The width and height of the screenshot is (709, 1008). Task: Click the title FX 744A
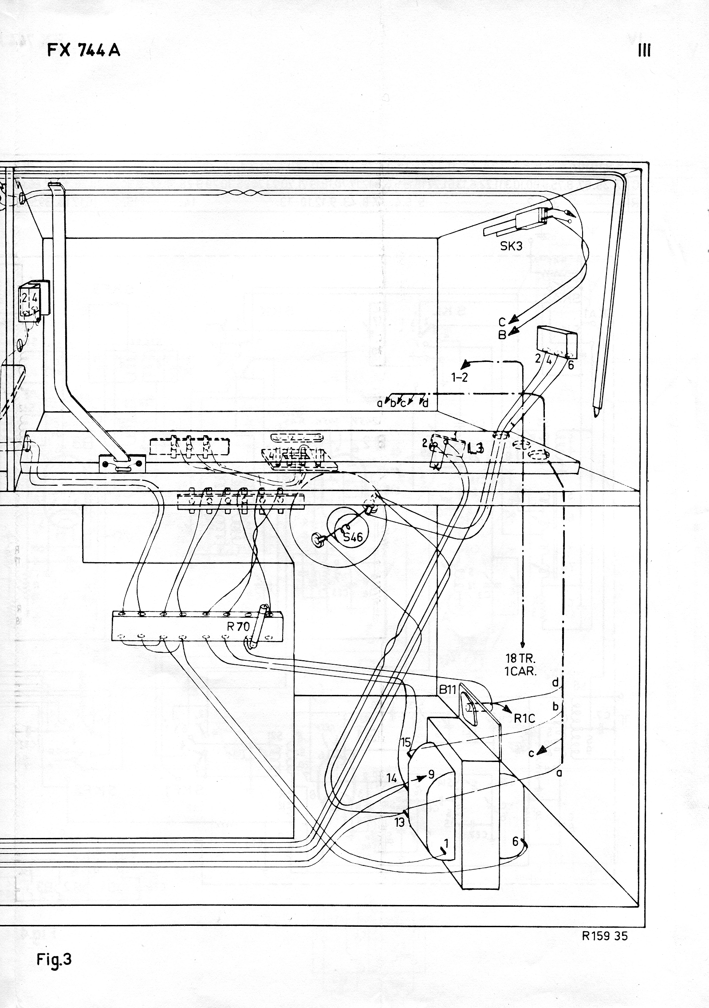pyautogui.click(x=83, y=51)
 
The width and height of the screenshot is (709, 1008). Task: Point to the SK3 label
pyautogui.click(x=511, y=246)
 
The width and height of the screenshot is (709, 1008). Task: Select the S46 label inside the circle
pyautogui.click(x=353, y=537)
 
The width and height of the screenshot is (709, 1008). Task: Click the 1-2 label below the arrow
pyautogui.click(x=460, y=378)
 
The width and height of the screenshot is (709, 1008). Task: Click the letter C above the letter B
pyautogui.click(x=502, y=322)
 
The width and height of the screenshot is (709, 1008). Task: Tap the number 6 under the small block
pyautogui.click(x=571, y=365)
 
